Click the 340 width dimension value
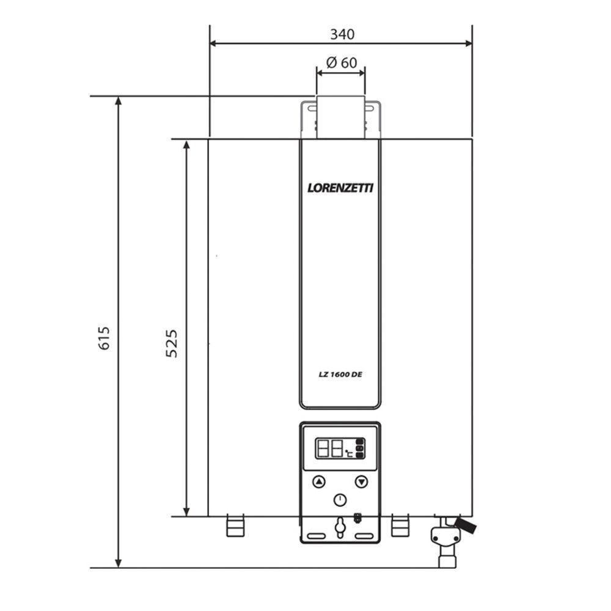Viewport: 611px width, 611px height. [342, 34]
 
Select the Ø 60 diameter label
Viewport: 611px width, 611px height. [342, 62]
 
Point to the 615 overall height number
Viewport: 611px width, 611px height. [104, 338]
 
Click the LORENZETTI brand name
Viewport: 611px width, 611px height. [340, 188]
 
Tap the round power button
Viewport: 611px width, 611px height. [340, 500]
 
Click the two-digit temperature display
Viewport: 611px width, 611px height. [329, 450]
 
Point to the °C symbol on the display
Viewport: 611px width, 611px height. [348, 454]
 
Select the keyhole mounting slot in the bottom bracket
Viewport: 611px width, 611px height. [340, 526]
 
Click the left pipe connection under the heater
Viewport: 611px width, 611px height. [235, 525]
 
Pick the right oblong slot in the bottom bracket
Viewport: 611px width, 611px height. [364, 536]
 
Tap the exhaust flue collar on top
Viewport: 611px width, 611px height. [340, 118]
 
